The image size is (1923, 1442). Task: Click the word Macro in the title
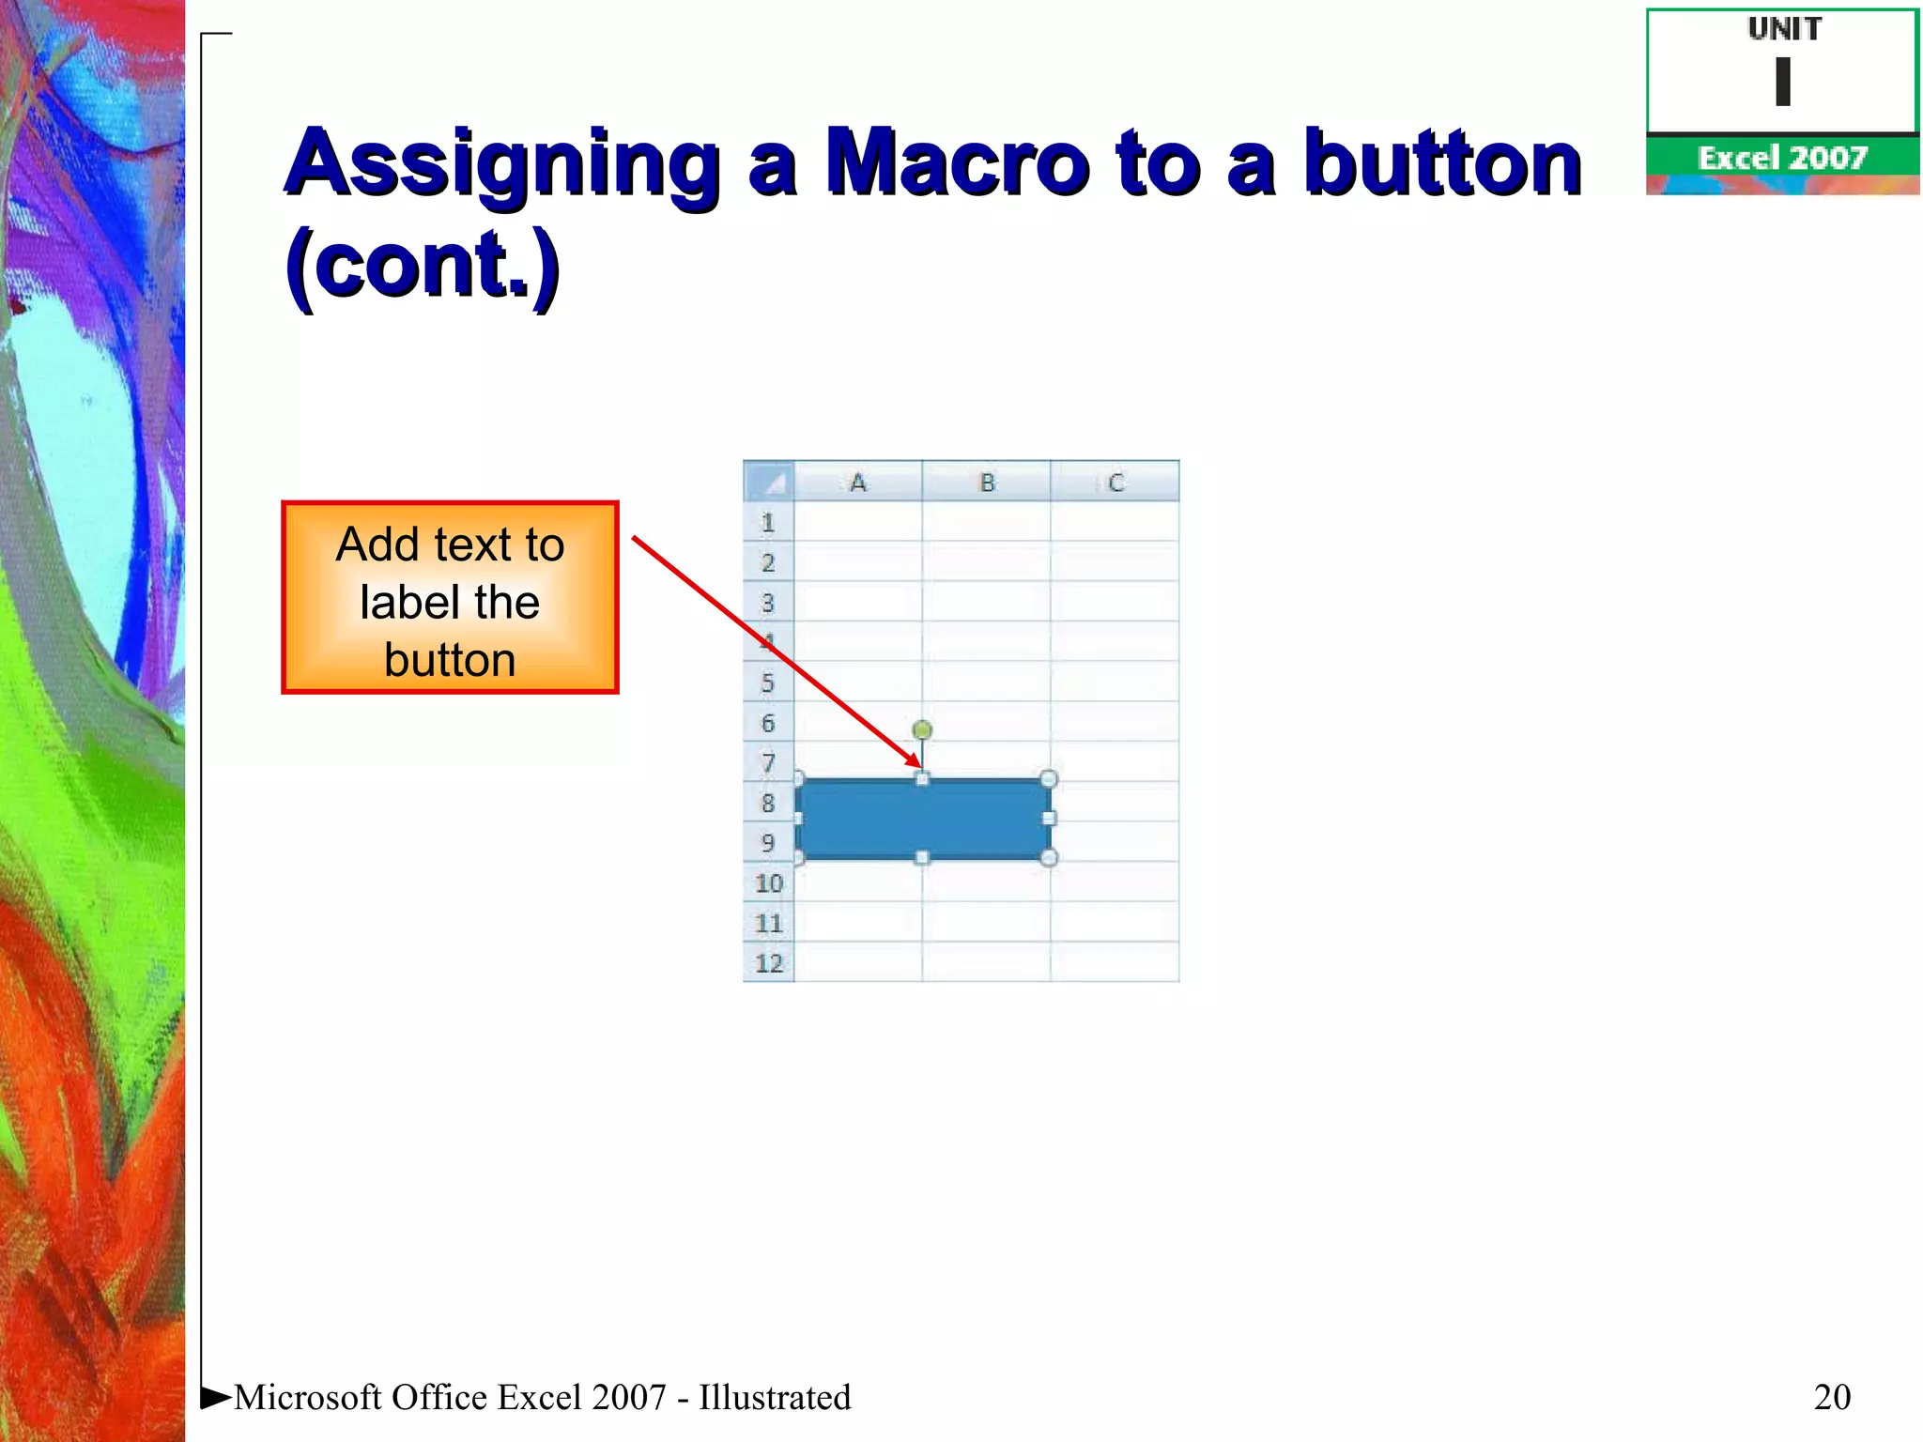point(957,163)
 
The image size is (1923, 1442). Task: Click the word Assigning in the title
point(503,163)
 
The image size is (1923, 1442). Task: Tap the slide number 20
point(1832,1397)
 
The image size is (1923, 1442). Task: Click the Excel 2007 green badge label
point(1782,158)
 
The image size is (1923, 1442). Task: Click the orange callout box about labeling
point(450,598)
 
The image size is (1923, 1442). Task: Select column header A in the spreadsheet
point(857,483)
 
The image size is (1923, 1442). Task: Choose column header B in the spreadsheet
point(987,483)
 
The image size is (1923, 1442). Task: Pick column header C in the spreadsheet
point(1115,483)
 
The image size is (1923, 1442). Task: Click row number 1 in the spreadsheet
point(768,523)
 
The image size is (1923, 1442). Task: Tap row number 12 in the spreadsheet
point(768,963)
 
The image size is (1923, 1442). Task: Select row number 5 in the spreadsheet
point(768,683)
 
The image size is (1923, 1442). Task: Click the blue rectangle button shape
point(922,819)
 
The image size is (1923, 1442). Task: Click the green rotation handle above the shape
point(922,729)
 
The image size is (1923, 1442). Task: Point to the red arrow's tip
point(917,765)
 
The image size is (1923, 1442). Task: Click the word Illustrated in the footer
point(775,1397)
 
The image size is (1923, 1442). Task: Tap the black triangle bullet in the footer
point(216,1397)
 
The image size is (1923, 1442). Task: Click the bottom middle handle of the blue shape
point(922,857)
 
